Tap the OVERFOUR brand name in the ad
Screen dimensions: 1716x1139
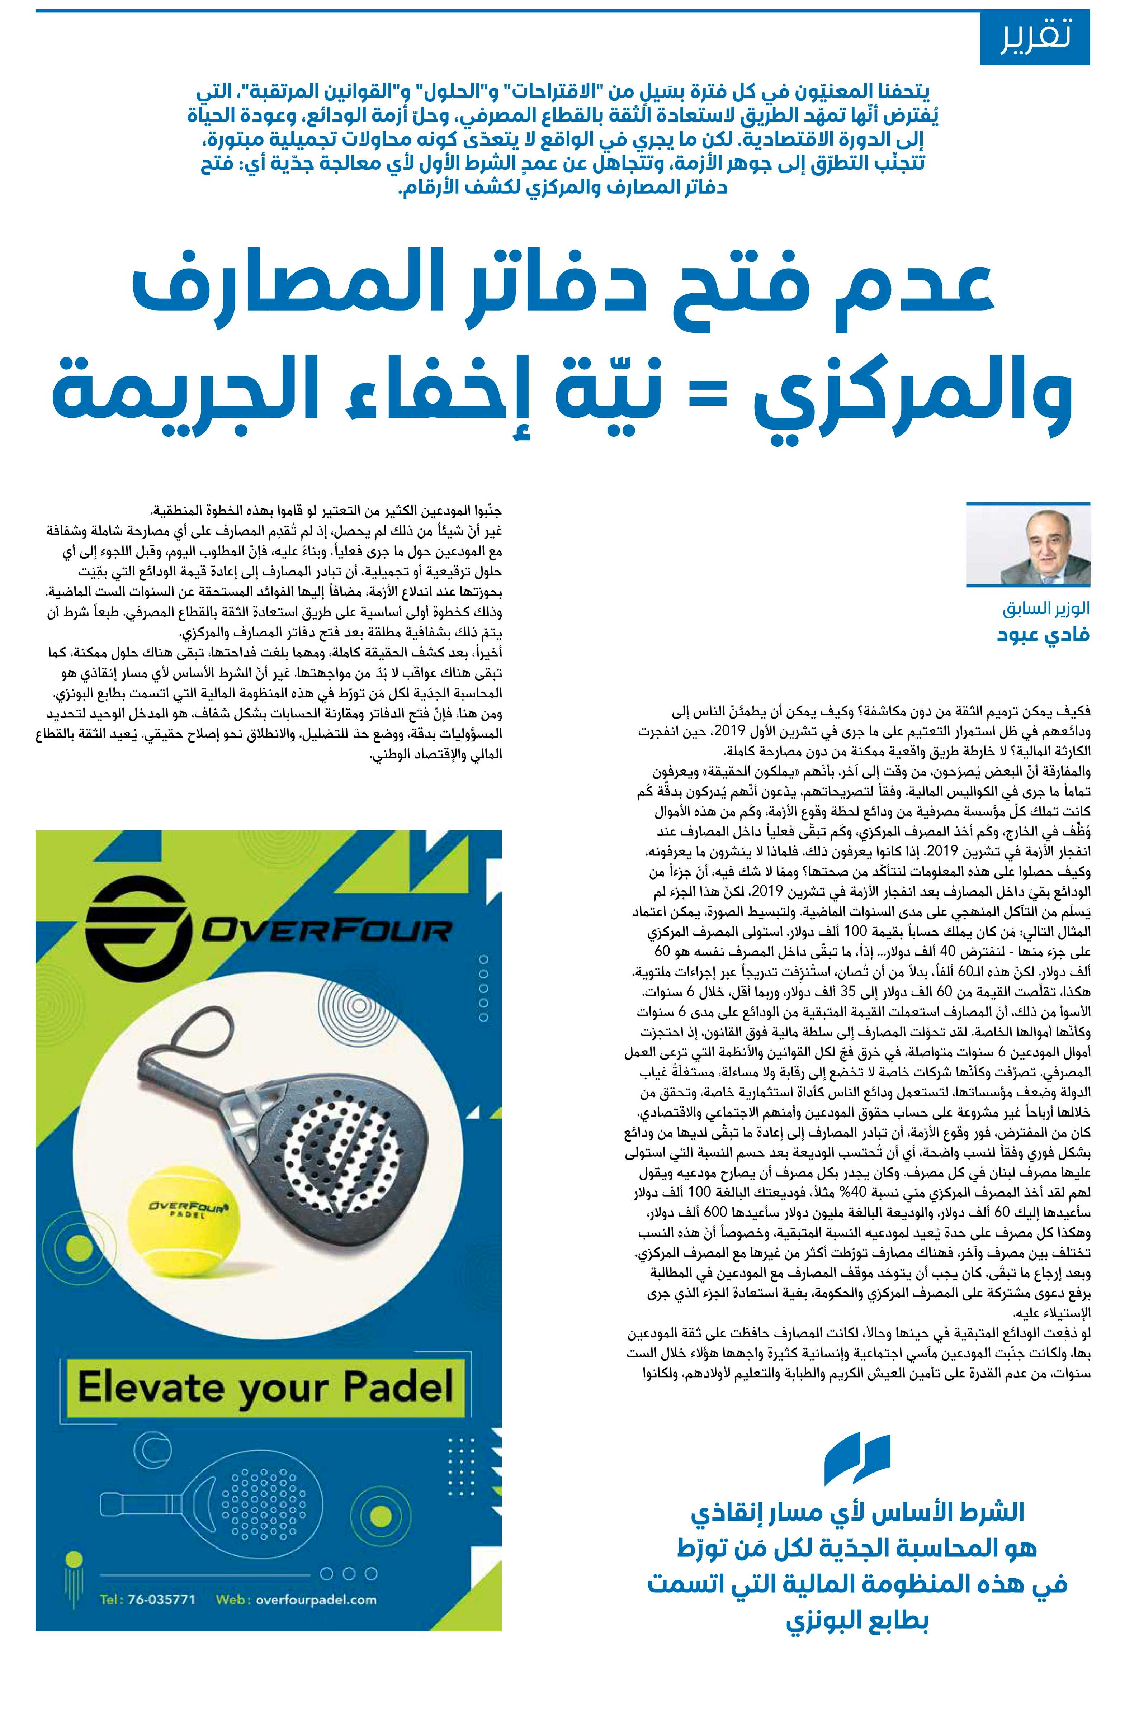pos(327,932)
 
